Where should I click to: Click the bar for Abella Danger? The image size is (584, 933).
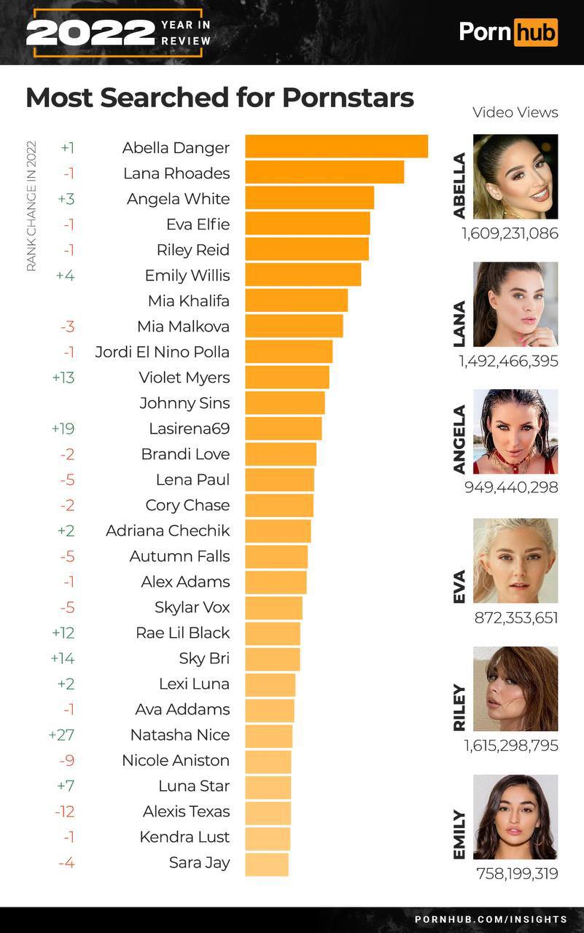pos(336,147)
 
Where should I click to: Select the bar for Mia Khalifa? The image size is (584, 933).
pos(296,300)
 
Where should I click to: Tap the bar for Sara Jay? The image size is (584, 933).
pos(267,864)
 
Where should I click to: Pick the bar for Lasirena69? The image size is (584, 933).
pos(283,429)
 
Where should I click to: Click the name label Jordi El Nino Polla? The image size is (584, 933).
pos(162,352)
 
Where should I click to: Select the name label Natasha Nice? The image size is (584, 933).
pos(179,735)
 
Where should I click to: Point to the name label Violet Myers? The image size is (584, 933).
pos(184,378)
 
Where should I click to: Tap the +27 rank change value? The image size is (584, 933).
pos(61,735)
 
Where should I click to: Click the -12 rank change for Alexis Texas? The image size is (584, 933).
pos(64,811)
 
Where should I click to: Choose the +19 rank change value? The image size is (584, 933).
pos(63,429)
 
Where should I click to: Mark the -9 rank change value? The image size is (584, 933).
pos(66,760)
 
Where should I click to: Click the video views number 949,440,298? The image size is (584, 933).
pos(511,487)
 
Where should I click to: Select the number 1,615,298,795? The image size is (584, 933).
pos(510,745)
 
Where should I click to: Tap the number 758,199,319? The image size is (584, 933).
pos(517,873)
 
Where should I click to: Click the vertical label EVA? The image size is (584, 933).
pos(459,587)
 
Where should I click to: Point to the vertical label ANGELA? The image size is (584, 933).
pos(459,440)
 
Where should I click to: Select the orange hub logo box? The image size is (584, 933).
pos(535,32)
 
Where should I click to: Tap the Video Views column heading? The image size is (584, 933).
pos(515,112)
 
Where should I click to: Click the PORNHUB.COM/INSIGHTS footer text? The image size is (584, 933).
pos(491,919)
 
